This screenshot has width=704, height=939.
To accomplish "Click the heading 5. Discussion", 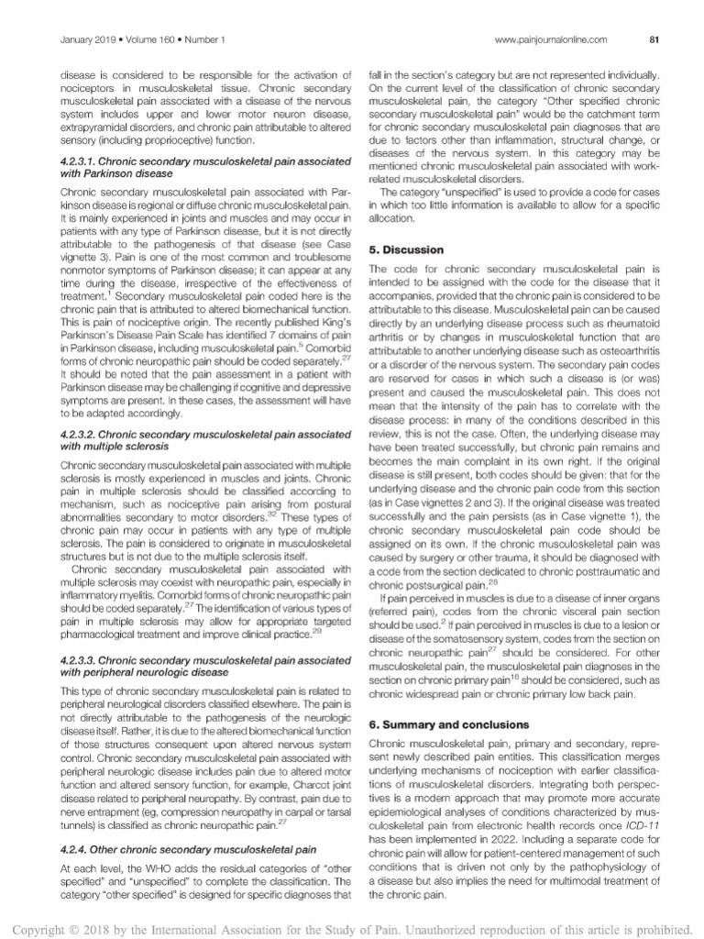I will coord(406,249).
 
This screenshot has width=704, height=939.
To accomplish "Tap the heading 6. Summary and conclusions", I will coord(445,724).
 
